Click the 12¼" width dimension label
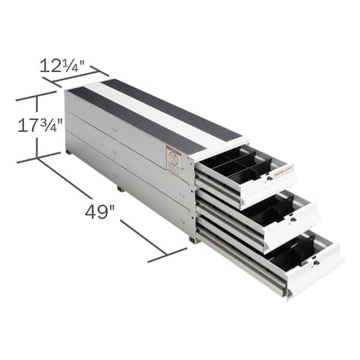point(65,65)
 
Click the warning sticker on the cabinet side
point(173,161)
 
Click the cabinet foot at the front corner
point(193,239)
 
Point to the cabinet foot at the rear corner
point(69,152)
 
